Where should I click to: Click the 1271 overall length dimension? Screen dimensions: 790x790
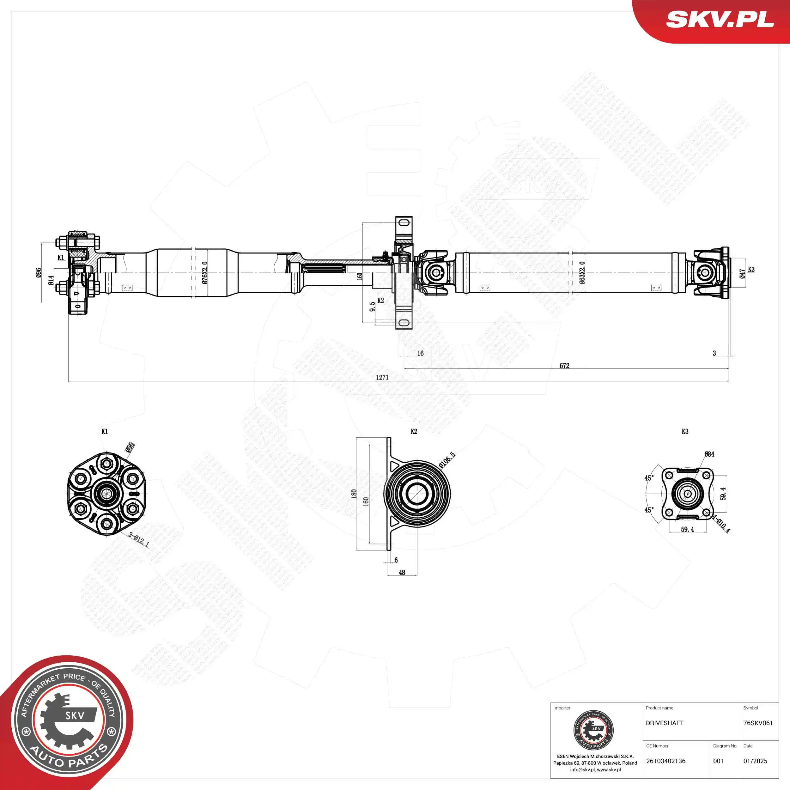382,377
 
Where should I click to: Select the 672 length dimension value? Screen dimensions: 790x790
564,366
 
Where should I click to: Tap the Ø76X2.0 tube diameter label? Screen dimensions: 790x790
204,272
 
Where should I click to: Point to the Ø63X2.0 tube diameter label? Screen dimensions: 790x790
582,272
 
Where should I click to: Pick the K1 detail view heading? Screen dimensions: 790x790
105,431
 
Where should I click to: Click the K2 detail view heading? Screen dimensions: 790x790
414,431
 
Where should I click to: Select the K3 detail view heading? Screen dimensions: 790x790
685,431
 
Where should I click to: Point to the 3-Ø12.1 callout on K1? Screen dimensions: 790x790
139,539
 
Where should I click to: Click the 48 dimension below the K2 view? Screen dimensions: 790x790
402,573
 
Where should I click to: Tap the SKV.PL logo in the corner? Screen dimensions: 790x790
720,19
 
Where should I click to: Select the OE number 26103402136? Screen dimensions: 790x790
666,761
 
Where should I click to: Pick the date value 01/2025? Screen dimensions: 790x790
755,761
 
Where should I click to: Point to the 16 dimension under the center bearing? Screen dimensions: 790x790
420,353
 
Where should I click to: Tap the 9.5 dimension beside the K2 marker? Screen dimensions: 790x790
372,307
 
